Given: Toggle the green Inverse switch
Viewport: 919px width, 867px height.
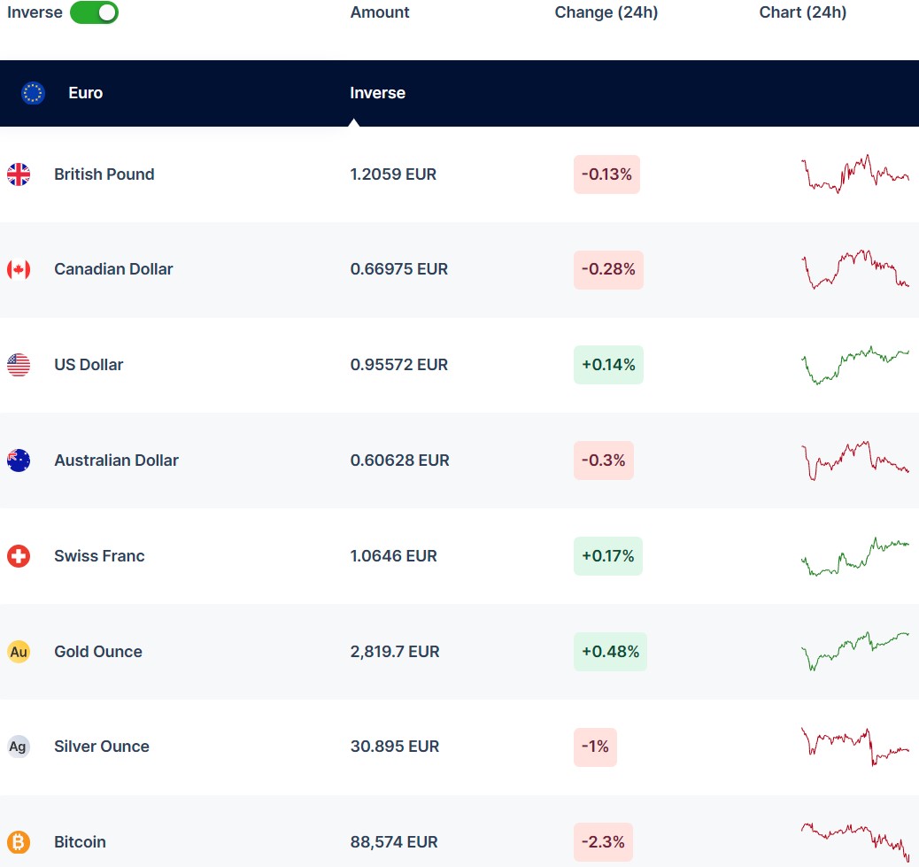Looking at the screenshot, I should (94, 12).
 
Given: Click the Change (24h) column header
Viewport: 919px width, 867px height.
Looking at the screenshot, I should (606, 12).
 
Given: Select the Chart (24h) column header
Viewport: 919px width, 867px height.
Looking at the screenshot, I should (802, 12).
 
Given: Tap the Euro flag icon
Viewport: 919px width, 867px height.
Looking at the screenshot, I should (34, 93).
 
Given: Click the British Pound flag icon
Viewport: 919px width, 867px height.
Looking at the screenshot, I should (19, 174).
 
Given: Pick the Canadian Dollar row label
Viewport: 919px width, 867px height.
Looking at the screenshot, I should (113, 269).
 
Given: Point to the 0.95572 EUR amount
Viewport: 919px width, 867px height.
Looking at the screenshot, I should (399, 365).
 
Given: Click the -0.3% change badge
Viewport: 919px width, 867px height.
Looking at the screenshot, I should (604, 461).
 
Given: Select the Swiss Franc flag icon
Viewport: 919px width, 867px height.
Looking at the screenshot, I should (19, 556).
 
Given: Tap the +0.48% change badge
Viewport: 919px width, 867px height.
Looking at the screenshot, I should (610, 652).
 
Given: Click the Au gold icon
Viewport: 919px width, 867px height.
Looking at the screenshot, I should (19, 652).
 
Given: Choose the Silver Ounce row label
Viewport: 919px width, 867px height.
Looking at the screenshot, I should (102, 747).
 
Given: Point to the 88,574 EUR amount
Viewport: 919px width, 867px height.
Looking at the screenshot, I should (395, 842).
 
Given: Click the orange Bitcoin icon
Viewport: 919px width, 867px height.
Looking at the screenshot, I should (19, 842).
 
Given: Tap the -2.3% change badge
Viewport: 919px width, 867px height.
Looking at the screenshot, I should (604, 842).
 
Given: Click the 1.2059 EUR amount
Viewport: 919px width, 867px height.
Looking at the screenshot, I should (393, 174).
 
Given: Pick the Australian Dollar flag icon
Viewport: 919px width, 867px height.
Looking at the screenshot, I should (19, 461).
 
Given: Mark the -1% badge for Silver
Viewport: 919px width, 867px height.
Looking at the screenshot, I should (595, 747).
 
